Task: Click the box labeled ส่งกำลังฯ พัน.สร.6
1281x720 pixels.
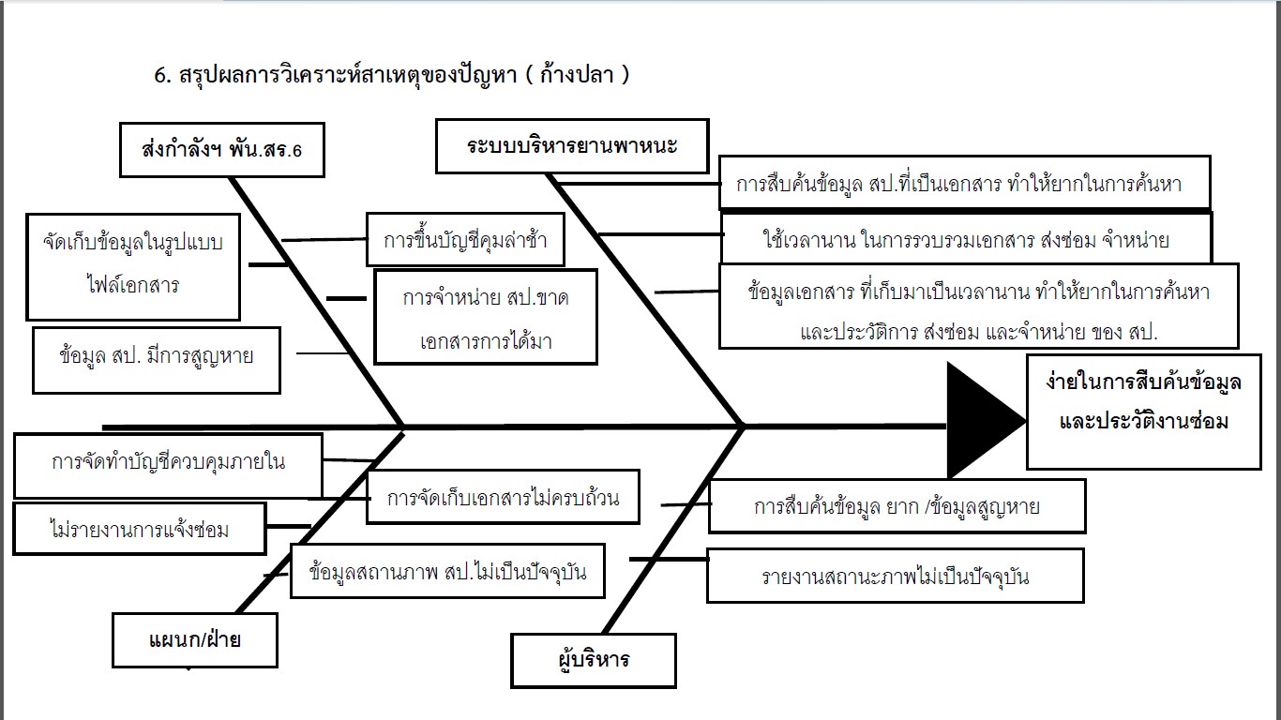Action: (x=221, y=150)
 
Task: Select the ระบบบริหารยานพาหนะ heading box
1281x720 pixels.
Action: (x=572, y=146)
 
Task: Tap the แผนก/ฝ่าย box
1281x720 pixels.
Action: (x=195, y=640)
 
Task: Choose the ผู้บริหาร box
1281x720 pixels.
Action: (x=593, y=660)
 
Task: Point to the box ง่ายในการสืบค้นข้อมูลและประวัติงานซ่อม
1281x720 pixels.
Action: (x=1143, y=412)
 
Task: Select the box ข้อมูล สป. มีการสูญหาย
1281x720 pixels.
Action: (x=156, y=359)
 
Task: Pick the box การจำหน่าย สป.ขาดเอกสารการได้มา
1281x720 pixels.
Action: (x=485, y=317)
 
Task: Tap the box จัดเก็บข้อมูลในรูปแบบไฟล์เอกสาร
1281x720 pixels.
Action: (x=132, y=266)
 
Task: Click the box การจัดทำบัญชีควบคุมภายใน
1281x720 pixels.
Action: (x=168, y=464)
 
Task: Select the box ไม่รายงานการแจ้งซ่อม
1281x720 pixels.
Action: (x=140, y=529)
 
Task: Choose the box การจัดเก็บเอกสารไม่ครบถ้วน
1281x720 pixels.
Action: (x=503, y=497)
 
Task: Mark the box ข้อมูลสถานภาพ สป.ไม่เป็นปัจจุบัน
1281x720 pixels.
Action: (x=447, y=571)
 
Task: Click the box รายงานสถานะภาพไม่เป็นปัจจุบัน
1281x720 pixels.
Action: (x=895, y=576)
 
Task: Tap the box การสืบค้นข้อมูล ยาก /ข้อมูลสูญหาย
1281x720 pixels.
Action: (x=897, y=506)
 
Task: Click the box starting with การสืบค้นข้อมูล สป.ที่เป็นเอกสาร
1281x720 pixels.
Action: (x=964, y=183)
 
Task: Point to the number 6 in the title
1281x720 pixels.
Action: (x=159, y=77)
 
